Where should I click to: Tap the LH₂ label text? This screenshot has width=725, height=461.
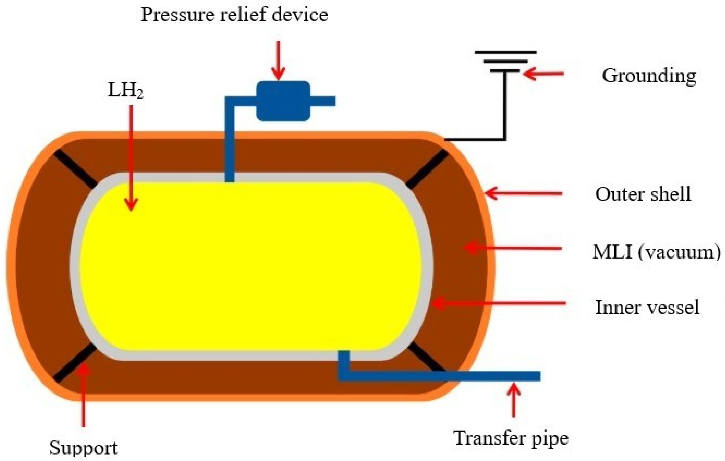tap(125, 90)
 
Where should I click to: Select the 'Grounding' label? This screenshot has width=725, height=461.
tap(649, 76)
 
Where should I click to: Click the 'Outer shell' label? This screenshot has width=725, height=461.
tap(643, 194)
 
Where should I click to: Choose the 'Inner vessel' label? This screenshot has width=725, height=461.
tap(647, 308)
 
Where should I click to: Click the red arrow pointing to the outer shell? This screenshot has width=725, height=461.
tap(524, 193)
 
